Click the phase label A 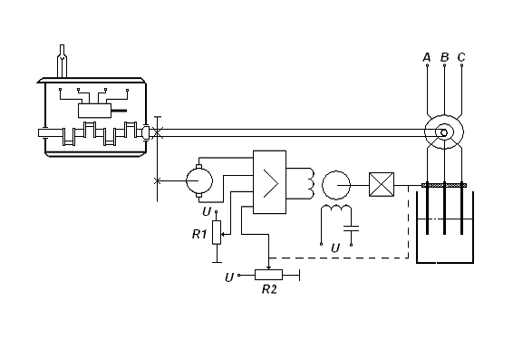(x=427, y=57)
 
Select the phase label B (x=444, y=57)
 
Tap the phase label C (x=461, y=57)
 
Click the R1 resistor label (x=199, y=234)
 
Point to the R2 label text (x=269, y=289)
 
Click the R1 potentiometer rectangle (x=217, y=232)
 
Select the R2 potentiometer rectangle (x=268, y=275)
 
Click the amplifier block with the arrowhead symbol (x=269, y=182)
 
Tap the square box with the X (x=382, y=185)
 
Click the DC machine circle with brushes (x=199, y=180)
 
